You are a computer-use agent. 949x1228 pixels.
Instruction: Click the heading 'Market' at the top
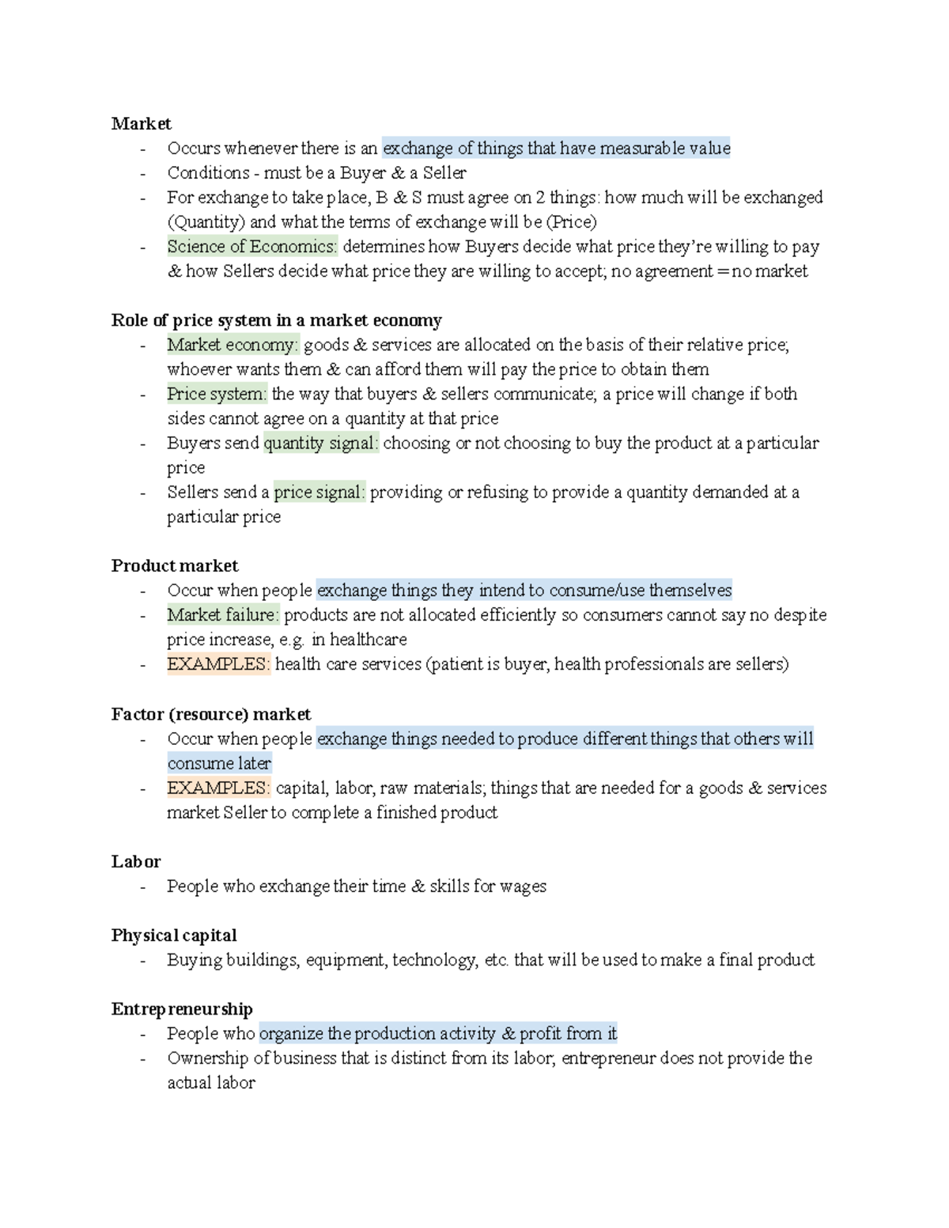[x=141, y=123]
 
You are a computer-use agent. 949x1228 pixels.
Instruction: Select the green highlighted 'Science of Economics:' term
[x=251, y=247]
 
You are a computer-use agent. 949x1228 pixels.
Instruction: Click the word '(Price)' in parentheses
[x=571, y=222]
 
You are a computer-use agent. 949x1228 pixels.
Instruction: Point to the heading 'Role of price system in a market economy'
[x=276, y=320]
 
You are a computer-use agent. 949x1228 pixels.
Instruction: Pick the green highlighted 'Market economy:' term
[x=233, y=345]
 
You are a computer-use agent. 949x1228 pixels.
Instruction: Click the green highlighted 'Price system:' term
[x=217, y=394]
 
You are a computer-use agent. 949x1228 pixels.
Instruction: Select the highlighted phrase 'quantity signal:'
[x=320, y=443]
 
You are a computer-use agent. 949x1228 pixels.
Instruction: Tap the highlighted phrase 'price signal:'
[x=319, y=492]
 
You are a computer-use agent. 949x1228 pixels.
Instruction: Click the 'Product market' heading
[x=174, y=565]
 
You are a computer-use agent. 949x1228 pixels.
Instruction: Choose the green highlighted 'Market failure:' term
[x=223, y=614]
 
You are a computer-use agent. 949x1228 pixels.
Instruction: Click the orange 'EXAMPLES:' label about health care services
[x=218, y=663]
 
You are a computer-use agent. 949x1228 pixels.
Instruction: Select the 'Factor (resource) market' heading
[x=210, y=714]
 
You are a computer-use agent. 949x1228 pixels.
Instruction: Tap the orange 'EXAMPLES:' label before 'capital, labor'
[x=218, y=788]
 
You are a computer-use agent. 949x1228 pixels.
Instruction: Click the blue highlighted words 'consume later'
[x=219, y=763]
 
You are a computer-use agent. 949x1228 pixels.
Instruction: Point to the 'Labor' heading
[x=135, y=861]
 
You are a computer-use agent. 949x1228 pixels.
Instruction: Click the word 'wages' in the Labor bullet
[x=523, y=886]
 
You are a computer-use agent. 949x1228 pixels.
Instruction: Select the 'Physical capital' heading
[x=174, y=935]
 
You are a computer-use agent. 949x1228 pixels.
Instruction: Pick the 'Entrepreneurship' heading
[x=182, y=1009]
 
